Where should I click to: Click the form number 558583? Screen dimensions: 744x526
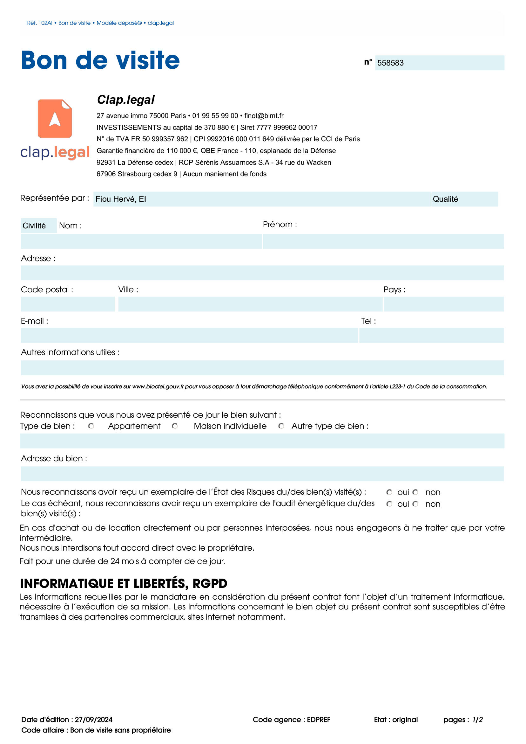point(390,63)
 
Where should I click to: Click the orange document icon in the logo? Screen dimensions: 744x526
point(55,119)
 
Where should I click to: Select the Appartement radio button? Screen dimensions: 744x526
point(91,426)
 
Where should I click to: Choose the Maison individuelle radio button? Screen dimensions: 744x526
point(175,426)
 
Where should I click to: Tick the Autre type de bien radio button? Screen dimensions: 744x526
point(281,426)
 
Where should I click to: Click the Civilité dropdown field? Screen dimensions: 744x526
point(38,226)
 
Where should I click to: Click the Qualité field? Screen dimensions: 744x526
point(464,199)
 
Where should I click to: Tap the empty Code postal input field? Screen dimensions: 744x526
point(67,304)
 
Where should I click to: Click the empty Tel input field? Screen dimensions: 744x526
point(431,335)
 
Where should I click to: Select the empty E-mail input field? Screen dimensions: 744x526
point(189,335)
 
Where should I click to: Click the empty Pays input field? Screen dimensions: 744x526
point(443,304)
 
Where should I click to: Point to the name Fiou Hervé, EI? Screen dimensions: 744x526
point(121,199)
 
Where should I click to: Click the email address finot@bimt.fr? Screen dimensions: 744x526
point(264,116)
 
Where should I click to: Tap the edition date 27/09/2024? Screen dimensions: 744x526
point(94,720)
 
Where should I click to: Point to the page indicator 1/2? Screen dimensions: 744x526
point(477,720)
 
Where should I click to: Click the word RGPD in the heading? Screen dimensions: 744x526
point(210,583)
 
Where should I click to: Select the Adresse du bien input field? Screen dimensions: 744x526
point(262,474)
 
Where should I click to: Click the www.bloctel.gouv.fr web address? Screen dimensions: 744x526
point(158,386)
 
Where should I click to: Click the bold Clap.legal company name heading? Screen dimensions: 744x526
point(126,100)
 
